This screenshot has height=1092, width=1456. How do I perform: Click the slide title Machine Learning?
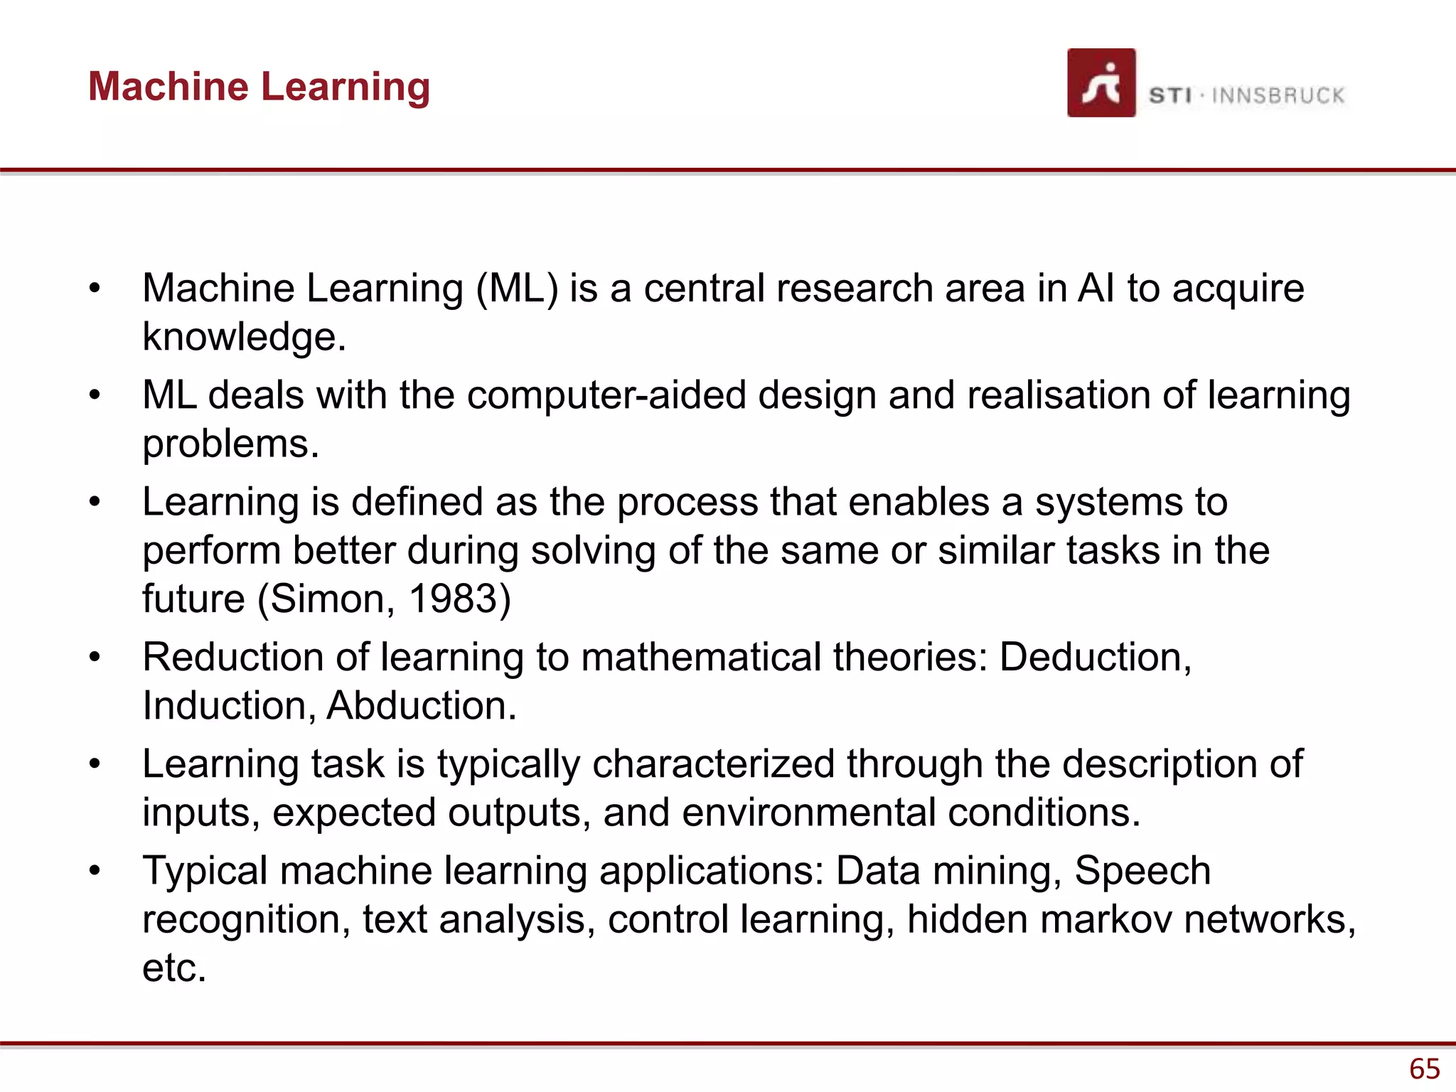259,87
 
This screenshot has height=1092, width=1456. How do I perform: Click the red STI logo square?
1101,82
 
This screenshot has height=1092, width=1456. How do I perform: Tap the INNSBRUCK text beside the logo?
1278,95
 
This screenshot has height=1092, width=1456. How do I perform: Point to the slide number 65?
1424,1069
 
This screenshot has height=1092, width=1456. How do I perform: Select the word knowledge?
244,337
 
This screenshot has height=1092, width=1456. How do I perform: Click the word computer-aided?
606,395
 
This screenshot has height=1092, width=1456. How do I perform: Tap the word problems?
230,444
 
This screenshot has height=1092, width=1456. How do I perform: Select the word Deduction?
1095,658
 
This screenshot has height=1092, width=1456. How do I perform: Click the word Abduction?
421,706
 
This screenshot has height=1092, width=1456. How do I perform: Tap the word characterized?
713,764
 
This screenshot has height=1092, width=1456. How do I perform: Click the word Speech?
1142,871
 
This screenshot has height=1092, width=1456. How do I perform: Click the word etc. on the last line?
174,968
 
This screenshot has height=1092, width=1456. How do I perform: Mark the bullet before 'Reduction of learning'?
95,658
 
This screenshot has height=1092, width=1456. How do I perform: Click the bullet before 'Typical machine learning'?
95,871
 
